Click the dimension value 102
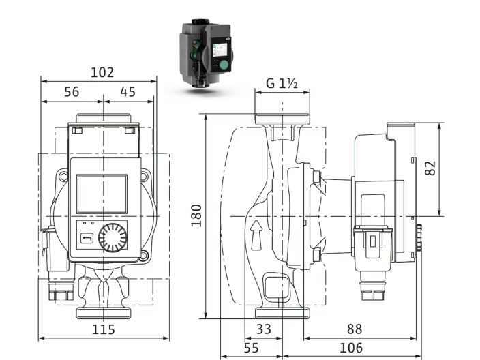point(103,72)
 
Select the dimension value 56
point(72,92)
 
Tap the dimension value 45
point(127,92)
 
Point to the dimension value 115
point(103,329)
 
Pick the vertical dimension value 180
point(196,215)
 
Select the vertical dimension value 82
point(430,168)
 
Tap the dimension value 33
point(263,329)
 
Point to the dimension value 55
point(251,348)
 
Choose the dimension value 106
point(350,348)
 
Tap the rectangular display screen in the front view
point(102,193)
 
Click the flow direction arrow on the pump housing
point(256,234)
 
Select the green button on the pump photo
point(222,65)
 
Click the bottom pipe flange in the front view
point(103,313)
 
